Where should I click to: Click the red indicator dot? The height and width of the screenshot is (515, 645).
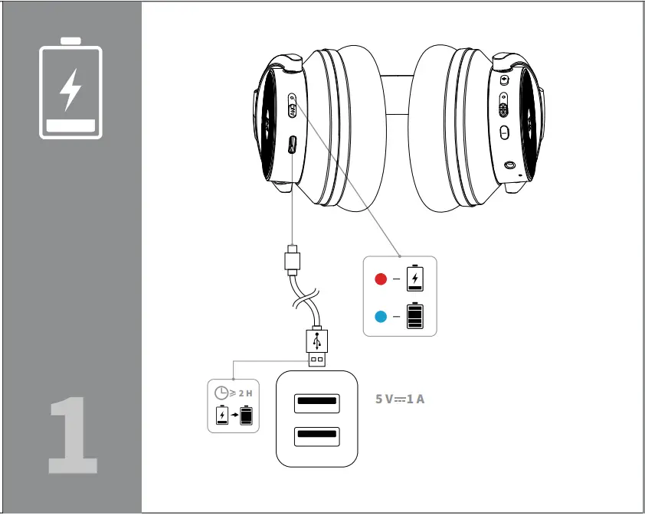coord(381,279)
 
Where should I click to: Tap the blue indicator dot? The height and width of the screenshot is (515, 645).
coord(381,315)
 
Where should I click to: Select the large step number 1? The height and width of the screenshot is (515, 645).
coord(73,436)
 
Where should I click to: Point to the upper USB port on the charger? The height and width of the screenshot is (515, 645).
coord(316,401)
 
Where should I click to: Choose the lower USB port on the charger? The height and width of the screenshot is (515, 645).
coord(316,437)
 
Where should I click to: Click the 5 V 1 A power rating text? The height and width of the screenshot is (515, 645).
coord(399,399)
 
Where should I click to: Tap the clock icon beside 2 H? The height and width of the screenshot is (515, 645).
coord(221,393)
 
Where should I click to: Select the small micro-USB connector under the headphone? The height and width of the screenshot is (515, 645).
coord(291,259)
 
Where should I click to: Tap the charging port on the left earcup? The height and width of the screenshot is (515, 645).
coord(293,144)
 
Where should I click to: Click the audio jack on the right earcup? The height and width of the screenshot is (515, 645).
coord(510,165)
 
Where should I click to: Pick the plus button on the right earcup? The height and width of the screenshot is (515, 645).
coord(503,80)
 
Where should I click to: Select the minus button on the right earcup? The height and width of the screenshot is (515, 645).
coord(503,133)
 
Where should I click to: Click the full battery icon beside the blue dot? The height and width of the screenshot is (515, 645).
coord(414,315)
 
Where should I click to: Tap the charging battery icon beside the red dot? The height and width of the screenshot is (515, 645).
coord(414,278)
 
